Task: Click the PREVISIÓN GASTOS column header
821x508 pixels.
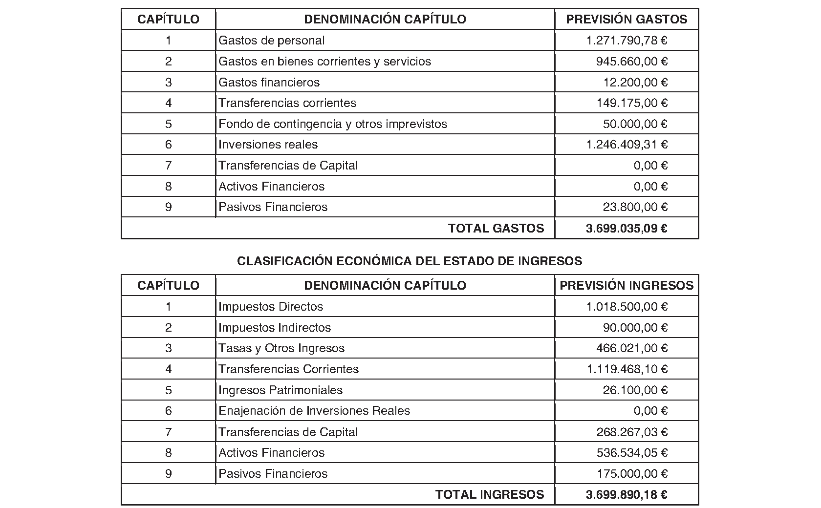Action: [627, 20]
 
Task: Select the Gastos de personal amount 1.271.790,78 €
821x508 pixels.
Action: [627, 41]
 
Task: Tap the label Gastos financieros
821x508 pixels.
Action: [269, 82]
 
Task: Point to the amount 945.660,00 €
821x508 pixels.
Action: [631, 62]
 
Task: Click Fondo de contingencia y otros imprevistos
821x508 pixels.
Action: [333, 124]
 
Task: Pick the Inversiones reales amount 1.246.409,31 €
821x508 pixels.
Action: [627, 145]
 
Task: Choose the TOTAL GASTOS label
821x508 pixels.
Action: [496, 228]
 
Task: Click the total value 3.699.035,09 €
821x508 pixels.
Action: [627, 228]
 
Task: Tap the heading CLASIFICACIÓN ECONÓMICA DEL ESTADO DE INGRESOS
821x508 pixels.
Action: [410, 261]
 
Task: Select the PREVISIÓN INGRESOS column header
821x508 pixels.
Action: [627, 286]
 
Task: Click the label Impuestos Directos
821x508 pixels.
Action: [271, 307]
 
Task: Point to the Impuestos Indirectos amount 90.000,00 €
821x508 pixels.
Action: [635, 328]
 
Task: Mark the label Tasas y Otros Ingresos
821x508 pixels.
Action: [281, 348]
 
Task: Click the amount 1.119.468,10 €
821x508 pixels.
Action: [627, 369]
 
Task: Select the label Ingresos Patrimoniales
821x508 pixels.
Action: [281, 390]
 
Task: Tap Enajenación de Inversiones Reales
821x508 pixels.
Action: [314, 411]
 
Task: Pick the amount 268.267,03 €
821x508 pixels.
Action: [631, 432]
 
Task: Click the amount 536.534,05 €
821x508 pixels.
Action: [631, 453]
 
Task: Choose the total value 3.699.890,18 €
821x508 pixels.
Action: [627, 495]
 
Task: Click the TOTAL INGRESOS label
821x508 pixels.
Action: [490, 495]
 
